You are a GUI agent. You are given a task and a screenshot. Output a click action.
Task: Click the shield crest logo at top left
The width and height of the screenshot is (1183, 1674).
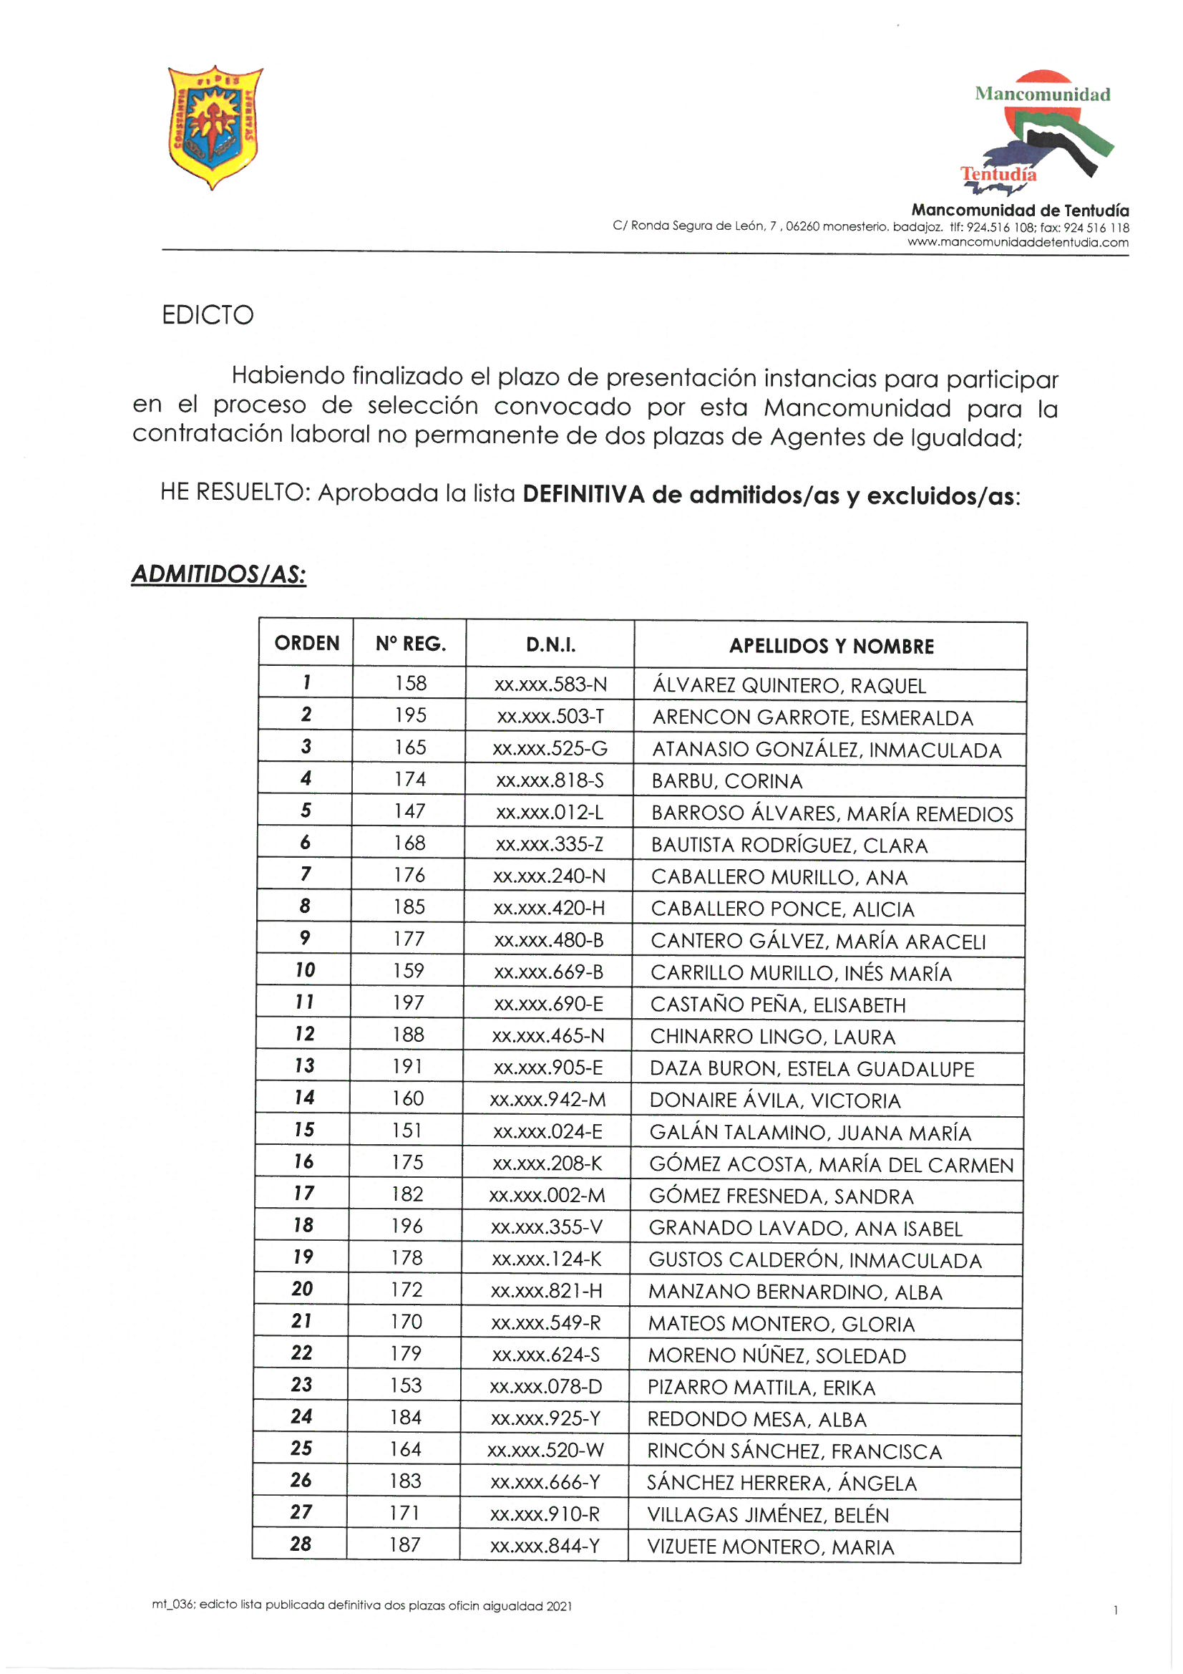pyautogui.click(x=214, y=126)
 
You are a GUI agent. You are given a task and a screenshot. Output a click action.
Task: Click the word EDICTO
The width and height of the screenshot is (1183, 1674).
pyautogui.click(x=208, y=315)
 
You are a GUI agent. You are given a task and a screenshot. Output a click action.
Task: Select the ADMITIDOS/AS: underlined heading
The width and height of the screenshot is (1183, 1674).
pyautogui.click(x=219, y=574)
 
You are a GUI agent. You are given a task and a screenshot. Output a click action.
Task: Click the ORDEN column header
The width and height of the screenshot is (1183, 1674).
pyautogui.click(x=307, y=643)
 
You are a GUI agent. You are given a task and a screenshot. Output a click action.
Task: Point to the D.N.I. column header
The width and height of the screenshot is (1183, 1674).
pyautogui.click(x=550, y=644)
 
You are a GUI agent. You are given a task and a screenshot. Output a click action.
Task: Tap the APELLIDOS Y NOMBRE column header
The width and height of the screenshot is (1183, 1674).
pyautogui.click(x=831, y=646)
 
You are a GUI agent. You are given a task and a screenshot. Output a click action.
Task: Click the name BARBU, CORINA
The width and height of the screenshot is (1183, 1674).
pyautogui.click(x=726, y=782)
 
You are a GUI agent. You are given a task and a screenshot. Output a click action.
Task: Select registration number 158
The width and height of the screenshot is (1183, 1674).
pyautogui.click(x=410, y=683)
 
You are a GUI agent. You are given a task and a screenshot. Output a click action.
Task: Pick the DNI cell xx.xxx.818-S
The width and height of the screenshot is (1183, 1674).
pyautogui.click(x=550, y=781)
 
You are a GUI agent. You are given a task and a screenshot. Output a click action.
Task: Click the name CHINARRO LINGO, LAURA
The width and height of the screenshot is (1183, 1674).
pyautogui.click(x=773, y=1037)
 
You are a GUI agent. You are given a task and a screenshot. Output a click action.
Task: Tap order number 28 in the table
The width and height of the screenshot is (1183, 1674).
pyautogui.click(x=301, y=1544)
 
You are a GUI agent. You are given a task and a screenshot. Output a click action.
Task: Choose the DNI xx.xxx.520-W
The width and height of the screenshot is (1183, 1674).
pyautogui.click(x=546, y=1450)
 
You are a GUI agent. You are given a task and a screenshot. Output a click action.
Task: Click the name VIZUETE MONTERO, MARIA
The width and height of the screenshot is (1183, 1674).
pyautogui.click(x=771, y=1547)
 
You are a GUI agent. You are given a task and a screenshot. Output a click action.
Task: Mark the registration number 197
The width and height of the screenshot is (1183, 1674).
pyautogui.click(x=408, y=1003)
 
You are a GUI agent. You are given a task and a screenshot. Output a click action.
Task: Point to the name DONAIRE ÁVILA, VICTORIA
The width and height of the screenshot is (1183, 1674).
pyautogui.click(x=775, y=1101)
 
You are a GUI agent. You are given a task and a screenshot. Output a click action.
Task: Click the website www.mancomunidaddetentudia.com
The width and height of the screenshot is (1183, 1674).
pyautogui.click(x=1018, y=243)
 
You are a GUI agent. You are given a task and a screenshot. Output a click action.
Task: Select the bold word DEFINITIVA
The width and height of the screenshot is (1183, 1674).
pyautogui.click(x=584, y=495)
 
